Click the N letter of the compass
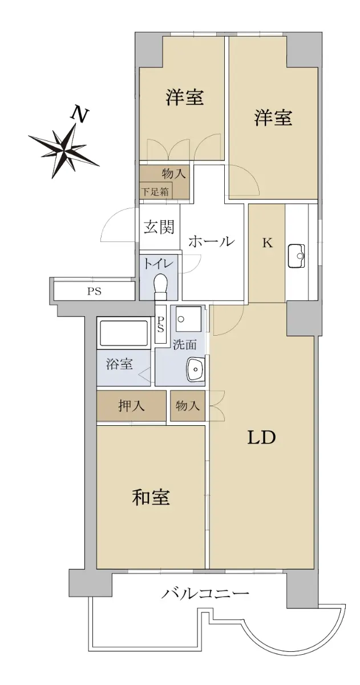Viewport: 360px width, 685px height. coord(79,114)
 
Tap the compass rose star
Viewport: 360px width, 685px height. coord(63,149)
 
